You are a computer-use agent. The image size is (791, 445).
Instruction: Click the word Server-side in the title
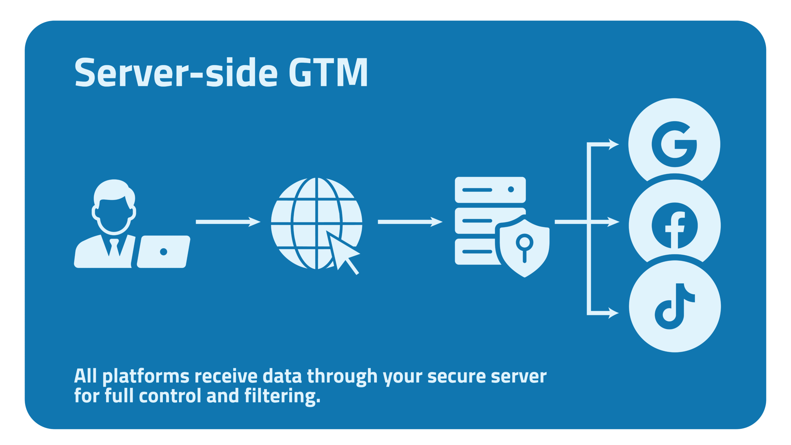tap(176, 73)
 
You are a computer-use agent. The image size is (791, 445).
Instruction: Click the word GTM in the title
tap(328, 73)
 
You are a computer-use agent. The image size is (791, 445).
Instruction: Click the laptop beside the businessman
tap(163, 252)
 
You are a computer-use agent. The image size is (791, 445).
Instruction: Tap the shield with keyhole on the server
tap(524, 247)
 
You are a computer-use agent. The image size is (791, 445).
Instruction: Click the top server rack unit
tap(490, 190)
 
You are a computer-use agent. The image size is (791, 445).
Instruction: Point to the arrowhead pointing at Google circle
tap(613, 144)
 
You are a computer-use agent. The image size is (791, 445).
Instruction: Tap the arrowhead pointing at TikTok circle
tap(613, 313)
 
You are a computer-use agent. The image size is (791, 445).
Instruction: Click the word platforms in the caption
tap(146, 377)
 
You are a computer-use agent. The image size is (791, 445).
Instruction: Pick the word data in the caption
tap(282, 377)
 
